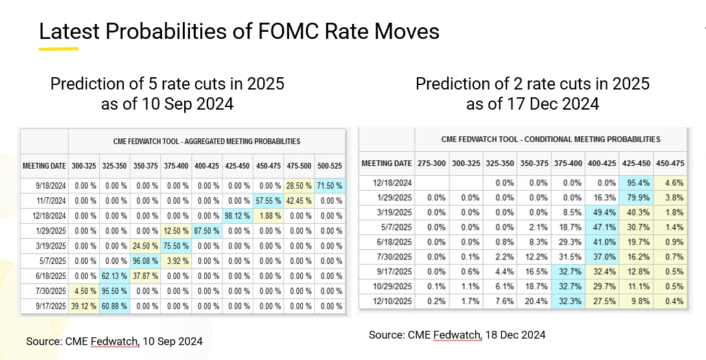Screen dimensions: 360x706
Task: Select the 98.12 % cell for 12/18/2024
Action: [237, 216]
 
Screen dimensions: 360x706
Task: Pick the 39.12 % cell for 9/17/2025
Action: [84, 306]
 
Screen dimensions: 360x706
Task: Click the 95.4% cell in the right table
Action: [636, 183]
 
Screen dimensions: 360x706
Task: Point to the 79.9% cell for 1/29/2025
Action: [636, 198]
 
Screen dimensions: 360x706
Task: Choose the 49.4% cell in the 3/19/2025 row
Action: [602, 212]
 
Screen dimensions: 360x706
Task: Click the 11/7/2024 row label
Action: [44, 201]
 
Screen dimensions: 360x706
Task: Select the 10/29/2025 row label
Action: [386, 286]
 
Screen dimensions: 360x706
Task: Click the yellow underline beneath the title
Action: [58, 48]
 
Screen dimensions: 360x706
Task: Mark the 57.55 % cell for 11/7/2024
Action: [268, 201]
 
